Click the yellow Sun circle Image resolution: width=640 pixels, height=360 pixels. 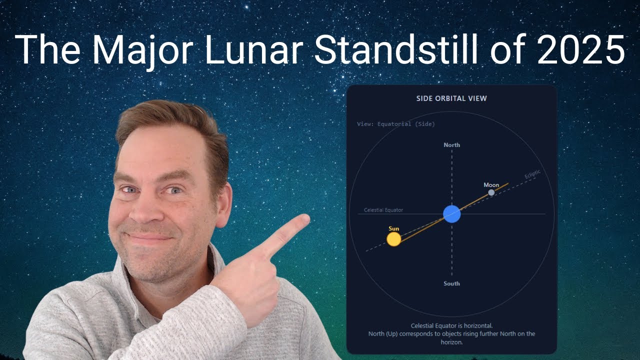click(x=394, y=239)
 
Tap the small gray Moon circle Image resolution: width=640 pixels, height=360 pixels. click(x=491, y=192)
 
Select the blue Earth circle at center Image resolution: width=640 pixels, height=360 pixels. click(x=452, y=214)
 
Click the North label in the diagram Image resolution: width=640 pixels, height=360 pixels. click(x=452, y=145)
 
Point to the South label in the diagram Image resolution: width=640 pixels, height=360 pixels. click(x=452, y=283)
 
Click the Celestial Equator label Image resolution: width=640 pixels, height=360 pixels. click(x=383, y=210)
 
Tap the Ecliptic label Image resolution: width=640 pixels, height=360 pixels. click(x=532, y=175)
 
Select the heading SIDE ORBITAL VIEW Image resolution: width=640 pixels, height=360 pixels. click(x=451, y=98)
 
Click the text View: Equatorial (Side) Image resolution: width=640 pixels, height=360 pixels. click(x=396, y=124)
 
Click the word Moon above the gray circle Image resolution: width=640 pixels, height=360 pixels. click(x=491, y=185)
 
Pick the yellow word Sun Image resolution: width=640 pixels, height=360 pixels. click(x=394, y=228)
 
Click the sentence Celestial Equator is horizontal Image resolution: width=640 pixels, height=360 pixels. click(x=451, y=325)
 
